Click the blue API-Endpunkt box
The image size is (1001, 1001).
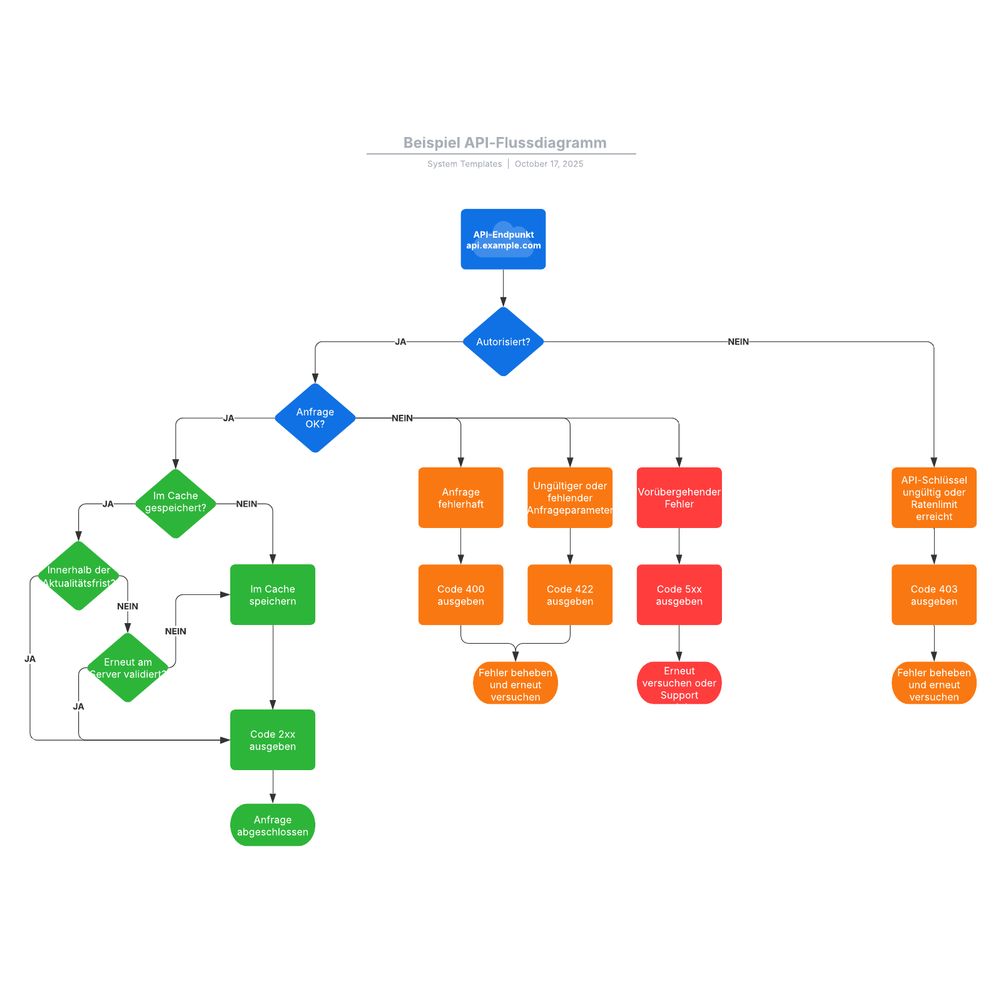[503, 239]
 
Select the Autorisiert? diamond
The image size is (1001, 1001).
[503, 342]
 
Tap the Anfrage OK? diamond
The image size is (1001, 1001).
[315, 418]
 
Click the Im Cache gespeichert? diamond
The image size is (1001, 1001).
[176, 503]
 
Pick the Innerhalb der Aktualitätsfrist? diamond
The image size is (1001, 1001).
[79, 576]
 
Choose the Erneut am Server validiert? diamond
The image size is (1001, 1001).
[128, 668]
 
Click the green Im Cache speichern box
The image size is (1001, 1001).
[273, 595]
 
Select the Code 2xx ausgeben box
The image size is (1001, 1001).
[273, 740]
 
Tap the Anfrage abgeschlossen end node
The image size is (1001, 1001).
[273, 825]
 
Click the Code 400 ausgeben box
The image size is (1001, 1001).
[460, 595]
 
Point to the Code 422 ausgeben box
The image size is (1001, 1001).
[570, 595]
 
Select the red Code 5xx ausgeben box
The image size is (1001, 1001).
[679, 595]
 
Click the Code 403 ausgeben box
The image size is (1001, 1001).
[933, 595]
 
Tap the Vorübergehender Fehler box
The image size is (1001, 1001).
[679, 498]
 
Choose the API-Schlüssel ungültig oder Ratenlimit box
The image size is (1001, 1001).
[933, 498]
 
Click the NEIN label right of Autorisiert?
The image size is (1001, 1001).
[738, 342]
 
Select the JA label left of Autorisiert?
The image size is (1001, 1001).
[400, 342]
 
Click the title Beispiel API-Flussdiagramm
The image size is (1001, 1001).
[504, 143]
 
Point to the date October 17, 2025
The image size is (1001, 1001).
[549, 164]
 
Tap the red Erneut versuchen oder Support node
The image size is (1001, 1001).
[679, 683]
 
